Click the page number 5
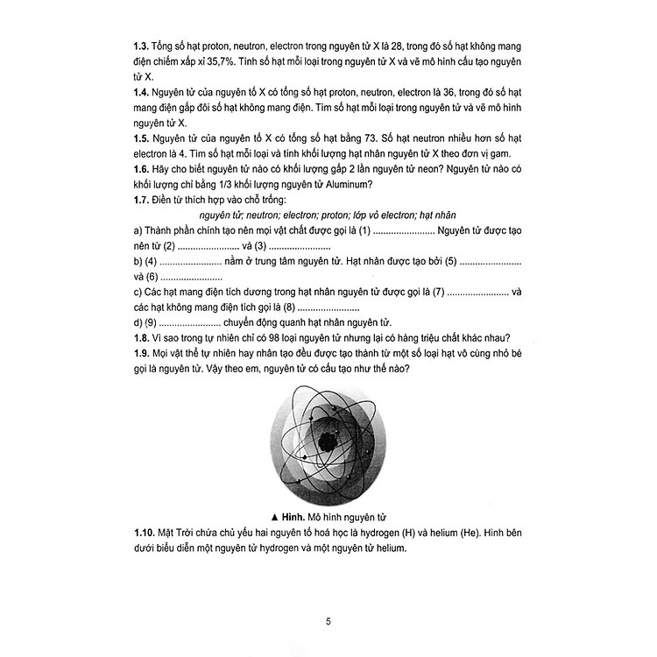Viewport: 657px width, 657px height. click(x=328, y=598)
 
